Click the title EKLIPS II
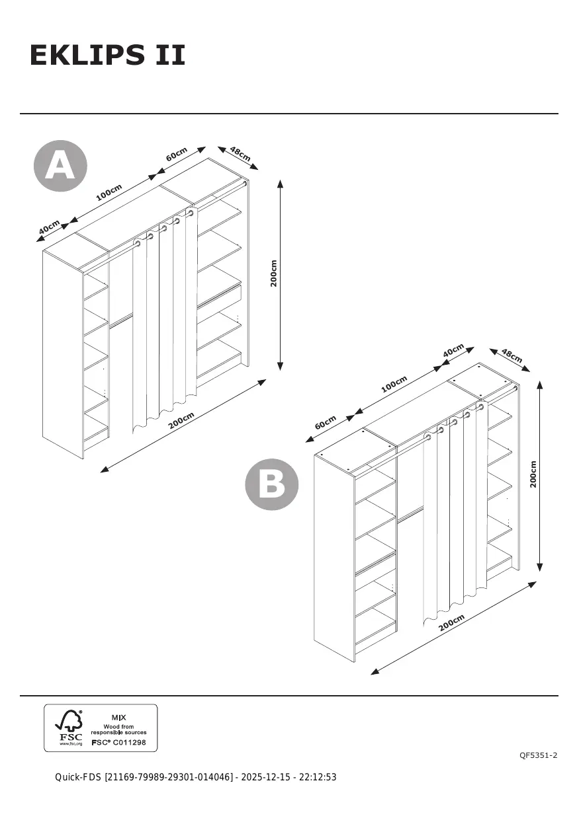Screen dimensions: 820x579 click(107, 56)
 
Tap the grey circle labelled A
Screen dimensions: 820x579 click(60, 165)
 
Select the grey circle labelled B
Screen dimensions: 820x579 click(272, 484)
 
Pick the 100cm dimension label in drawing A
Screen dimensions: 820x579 click(109, 192)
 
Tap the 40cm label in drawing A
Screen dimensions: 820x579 click(49, 227)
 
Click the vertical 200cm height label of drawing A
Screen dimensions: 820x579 click(274, 273)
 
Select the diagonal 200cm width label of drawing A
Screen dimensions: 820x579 click(181, 420)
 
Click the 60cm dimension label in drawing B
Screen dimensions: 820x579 click(326, 422)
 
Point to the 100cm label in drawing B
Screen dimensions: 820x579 click(394, 384)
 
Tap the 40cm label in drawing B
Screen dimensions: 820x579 click(453, 351)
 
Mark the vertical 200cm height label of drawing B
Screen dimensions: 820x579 click(533, 474)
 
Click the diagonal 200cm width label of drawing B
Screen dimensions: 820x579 click(451, 622)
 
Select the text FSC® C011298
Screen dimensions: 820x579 click(118, 742)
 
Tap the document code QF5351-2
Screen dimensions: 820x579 click(538, 755)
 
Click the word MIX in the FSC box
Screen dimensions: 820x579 click(118, 717)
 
